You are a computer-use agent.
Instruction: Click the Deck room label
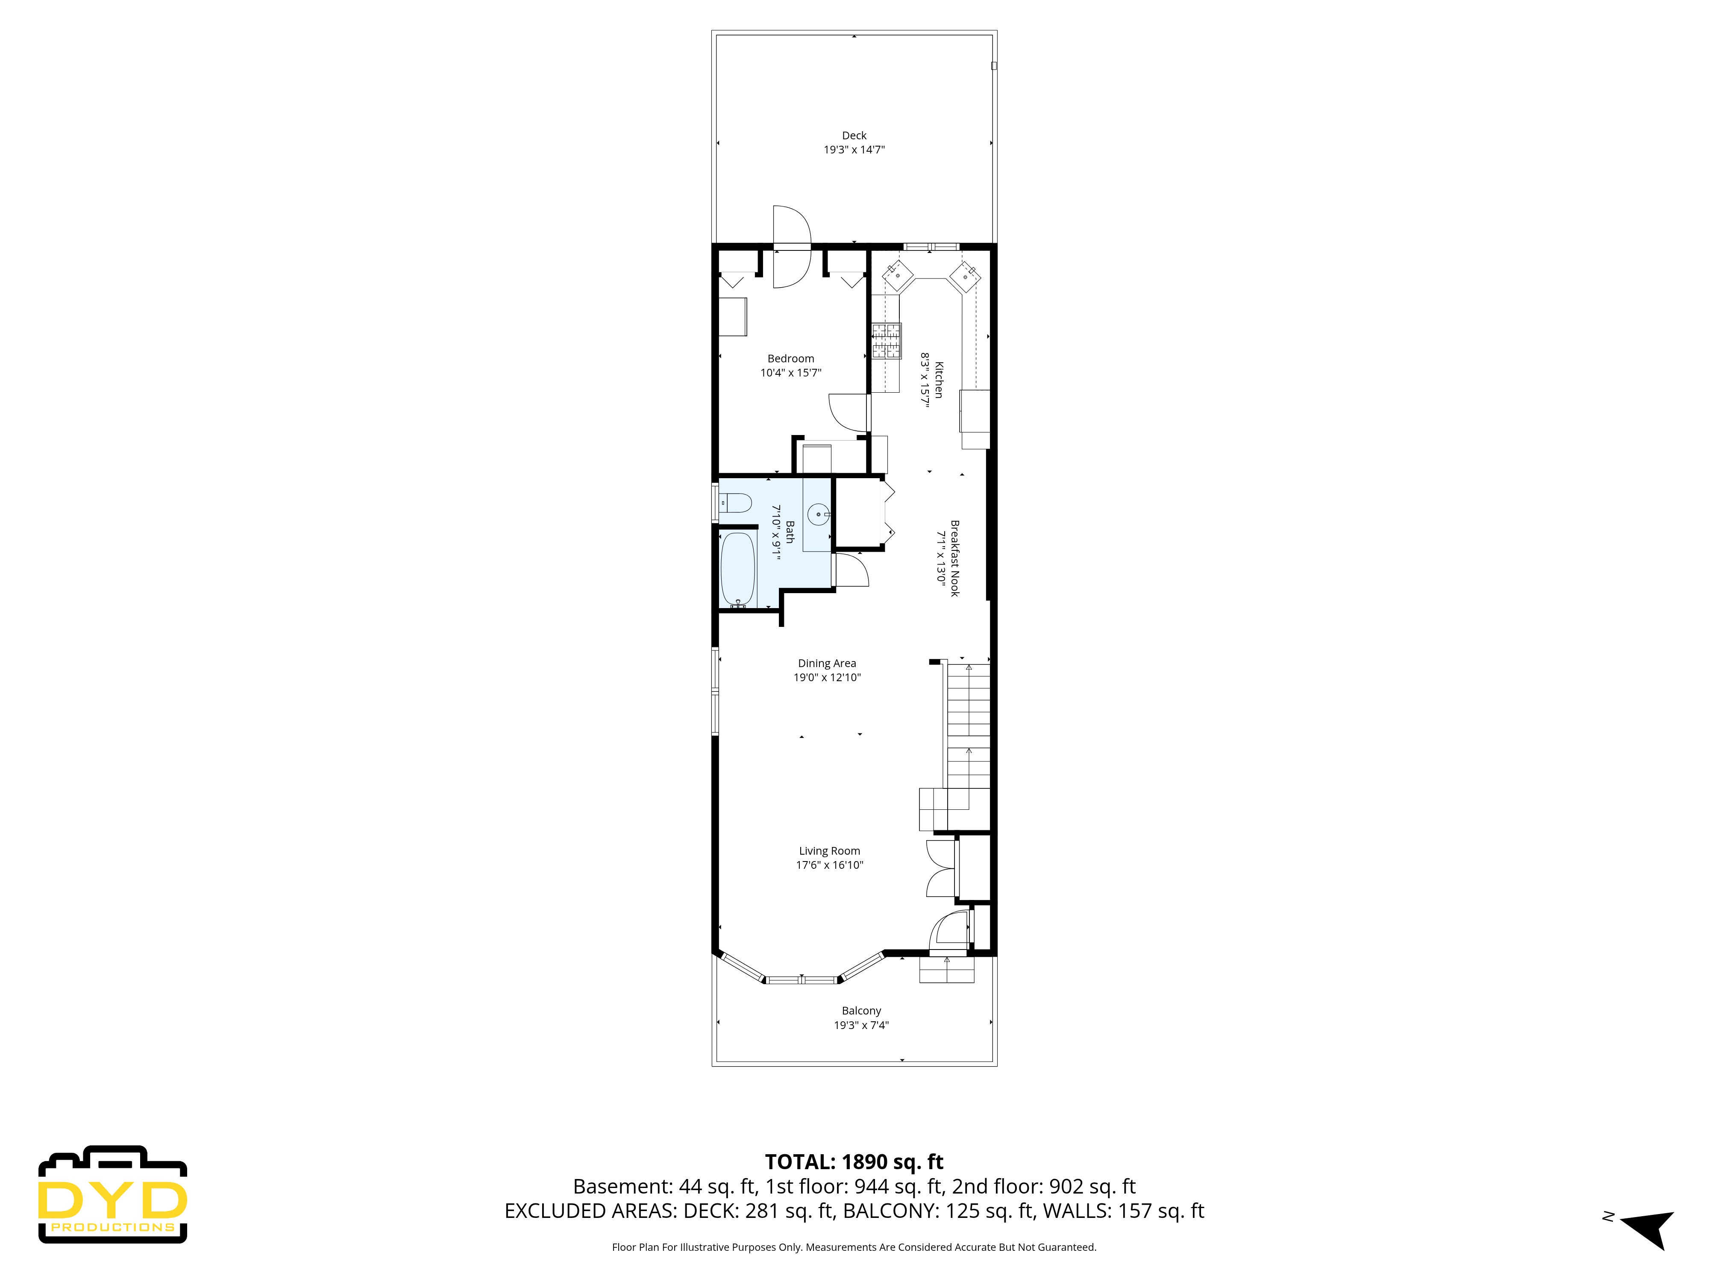coord(854,135)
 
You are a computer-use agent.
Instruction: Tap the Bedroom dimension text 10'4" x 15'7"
coord(790,373)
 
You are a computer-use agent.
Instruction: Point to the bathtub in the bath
coord(737,570)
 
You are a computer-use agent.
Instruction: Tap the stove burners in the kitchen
coord(886,341)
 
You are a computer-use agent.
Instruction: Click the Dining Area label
coord(827,663)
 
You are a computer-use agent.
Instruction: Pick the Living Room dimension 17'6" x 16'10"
coord(829,865)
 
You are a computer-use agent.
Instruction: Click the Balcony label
coord(860,1011)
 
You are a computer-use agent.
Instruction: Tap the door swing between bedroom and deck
coord(792,246)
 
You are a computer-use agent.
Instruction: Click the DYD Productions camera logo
coord(113,1194)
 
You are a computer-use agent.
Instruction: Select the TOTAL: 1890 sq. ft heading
coord(854,1161)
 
